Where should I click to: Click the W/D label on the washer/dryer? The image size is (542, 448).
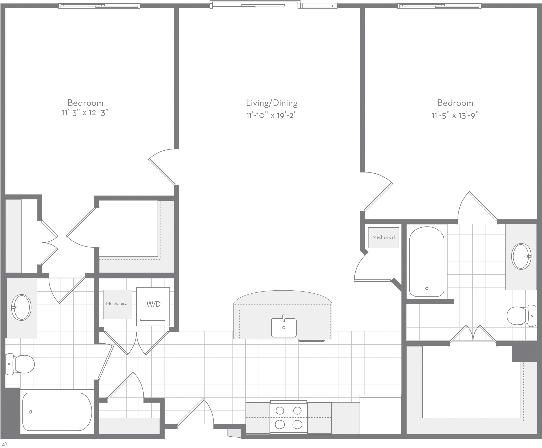pos(154,304)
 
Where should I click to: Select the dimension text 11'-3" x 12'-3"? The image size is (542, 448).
pos(85,113)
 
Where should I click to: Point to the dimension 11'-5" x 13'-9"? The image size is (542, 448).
pos(455,115)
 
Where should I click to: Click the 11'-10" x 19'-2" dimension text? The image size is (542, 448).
pos(271,115)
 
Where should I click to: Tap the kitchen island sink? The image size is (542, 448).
pos(284,327)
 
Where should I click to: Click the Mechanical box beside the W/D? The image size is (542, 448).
pos(117,304)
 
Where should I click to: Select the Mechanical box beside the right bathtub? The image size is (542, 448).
pos(384,238)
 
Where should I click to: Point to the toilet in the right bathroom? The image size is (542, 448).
pos(521,316)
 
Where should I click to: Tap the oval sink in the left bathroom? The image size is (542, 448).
pos(21,307)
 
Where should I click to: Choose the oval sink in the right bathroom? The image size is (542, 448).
pos(521,256)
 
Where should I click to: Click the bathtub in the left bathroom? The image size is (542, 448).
pos(57,412)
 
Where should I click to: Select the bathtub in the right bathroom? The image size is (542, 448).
pos(427,261)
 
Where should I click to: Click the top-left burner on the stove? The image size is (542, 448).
pos(280,410)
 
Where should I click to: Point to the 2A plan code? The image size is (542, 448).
pos(4,444)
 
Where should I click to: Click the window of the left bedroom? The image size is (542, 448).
pos(99,6)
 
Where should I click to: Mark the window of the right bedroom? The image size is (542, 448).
pos(439,6)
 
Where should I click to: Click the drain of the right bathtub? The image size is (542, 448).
pos(427,288)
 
